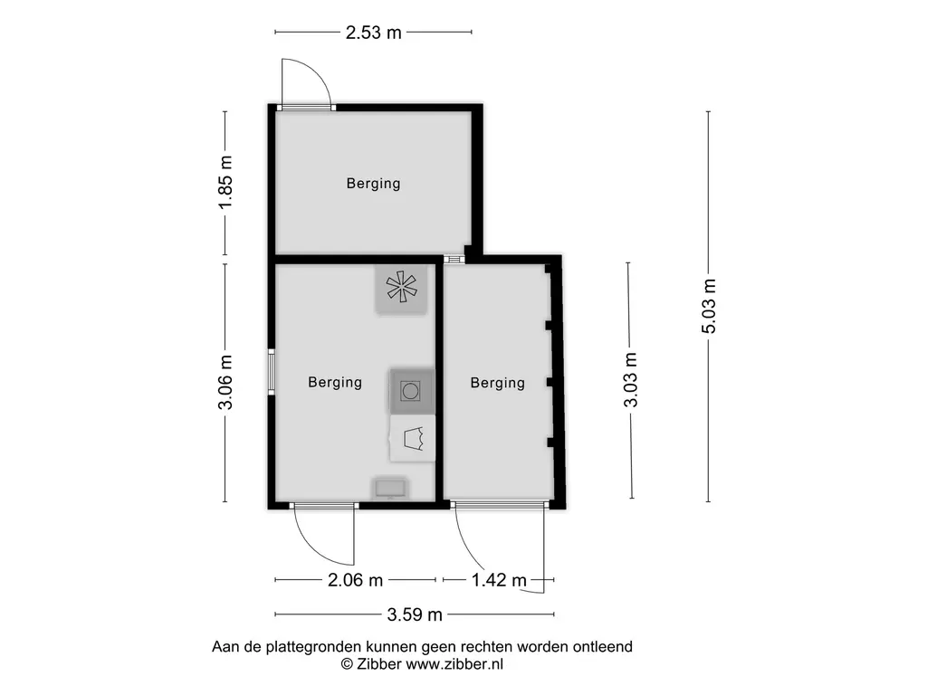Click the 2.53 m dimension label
(x=373, y=33)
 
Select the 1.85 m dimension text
(x=226, y=183)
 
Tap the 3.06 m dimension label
(x=226, y=382)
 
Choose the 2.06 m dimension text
(x=356, y=580)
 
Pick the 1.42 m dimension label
(x=499, y=580)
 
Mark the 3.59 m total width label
(x=415, y=615)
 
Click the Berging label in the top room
(x=373, y=184)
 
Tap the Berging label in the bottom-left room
(x=335, y=383)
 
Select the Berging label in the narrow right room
(x=497, y=383)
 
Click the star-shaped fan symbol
(x=401, y=287)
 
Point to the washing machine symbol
(x=411, y=391)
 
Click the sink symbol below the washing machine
(x=412, y=439)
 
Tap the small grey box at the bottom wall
(x=391, y=489)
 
